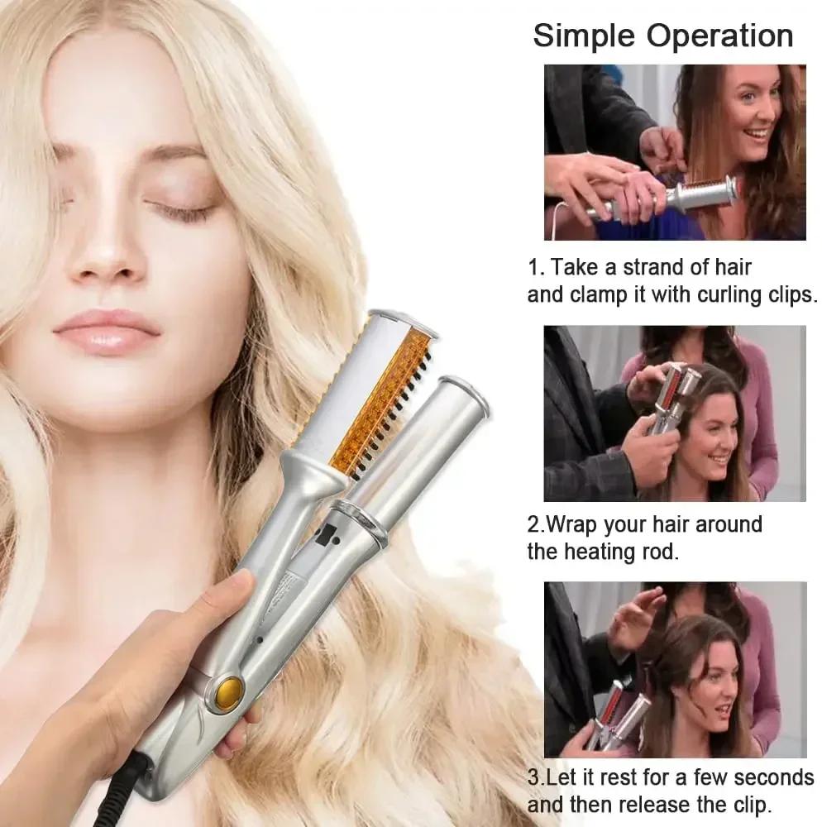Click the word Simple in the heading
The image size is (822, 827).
tap(585, 36)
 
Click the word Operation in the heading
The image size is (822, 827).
tap(720, 36)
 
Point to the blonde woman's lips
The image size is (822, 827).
tap(107, 330)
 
